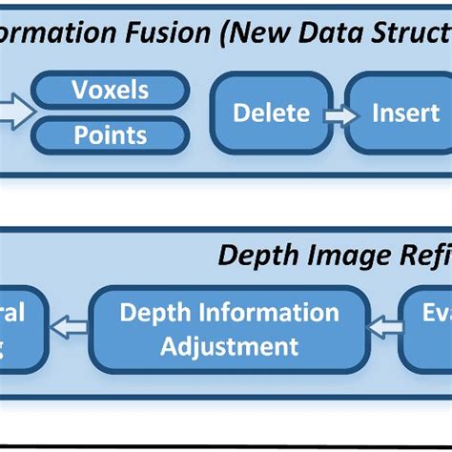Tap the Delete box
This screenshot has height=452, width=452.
click(271, 113)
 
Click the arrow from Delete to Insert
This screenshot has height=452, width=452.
click(335, 113)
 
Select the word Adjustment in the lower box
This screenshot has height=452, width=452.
click(229, 344)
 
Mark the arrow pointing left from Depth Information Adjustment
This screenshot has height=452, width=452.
click(69, 329)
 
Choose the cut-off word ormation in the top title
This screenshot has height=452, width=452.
click(57, 33)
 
